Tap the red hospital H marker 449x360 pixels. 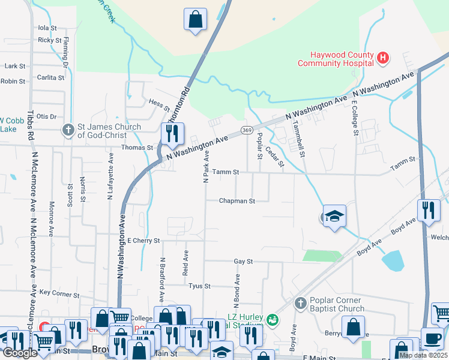[x=383, y=58]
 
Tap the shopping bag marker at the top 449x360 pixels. [x=195, y=19]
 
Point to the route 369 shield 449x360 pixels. [x=246, y=130]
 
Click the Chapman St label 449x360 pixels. [x=237, y=201]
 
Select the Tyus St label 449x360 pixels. [x=199, y=286]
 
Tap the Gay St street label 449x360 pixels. [x=243, y=262]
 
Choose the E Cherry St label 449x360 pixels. [x=143, y=240]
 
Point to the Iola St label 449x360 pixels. [x=47, y=28]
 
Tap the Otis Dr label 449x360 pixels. [x=46, y=116]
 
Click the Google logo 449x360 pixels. [x=20, y=353]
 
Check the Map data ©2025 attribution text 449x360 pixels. [x=423, y=355]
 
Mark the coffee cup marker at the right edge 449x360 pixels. [x=432, y=338]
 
